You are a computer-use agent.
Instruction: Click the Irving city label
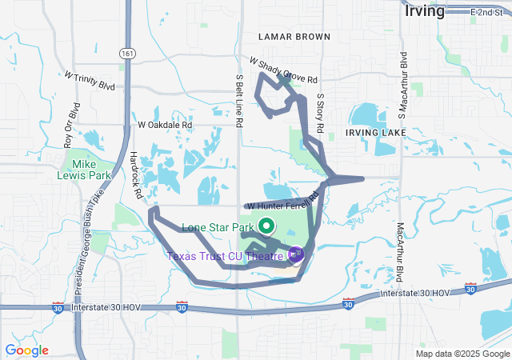pos(425,11)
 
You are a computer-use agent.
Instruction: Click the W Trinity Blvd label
pos(90,81)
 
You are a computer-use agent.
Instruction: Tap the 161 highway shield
pos(128,53)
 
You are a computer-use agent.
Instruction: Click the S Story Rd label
pos(319,111)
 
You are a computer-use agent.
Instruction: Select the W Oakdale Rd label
pos(166,125)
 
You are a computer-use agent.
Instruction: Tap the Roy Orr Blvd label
pos(72,125)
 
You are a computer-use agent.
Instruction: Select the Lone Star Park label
pos(218,227)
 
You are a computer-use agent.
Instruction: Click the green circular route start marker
pos(266,226)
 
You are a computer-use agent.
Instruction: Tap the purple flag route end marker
pos(296,255)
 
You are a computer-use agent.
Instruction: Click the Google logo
pos(26,350)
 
